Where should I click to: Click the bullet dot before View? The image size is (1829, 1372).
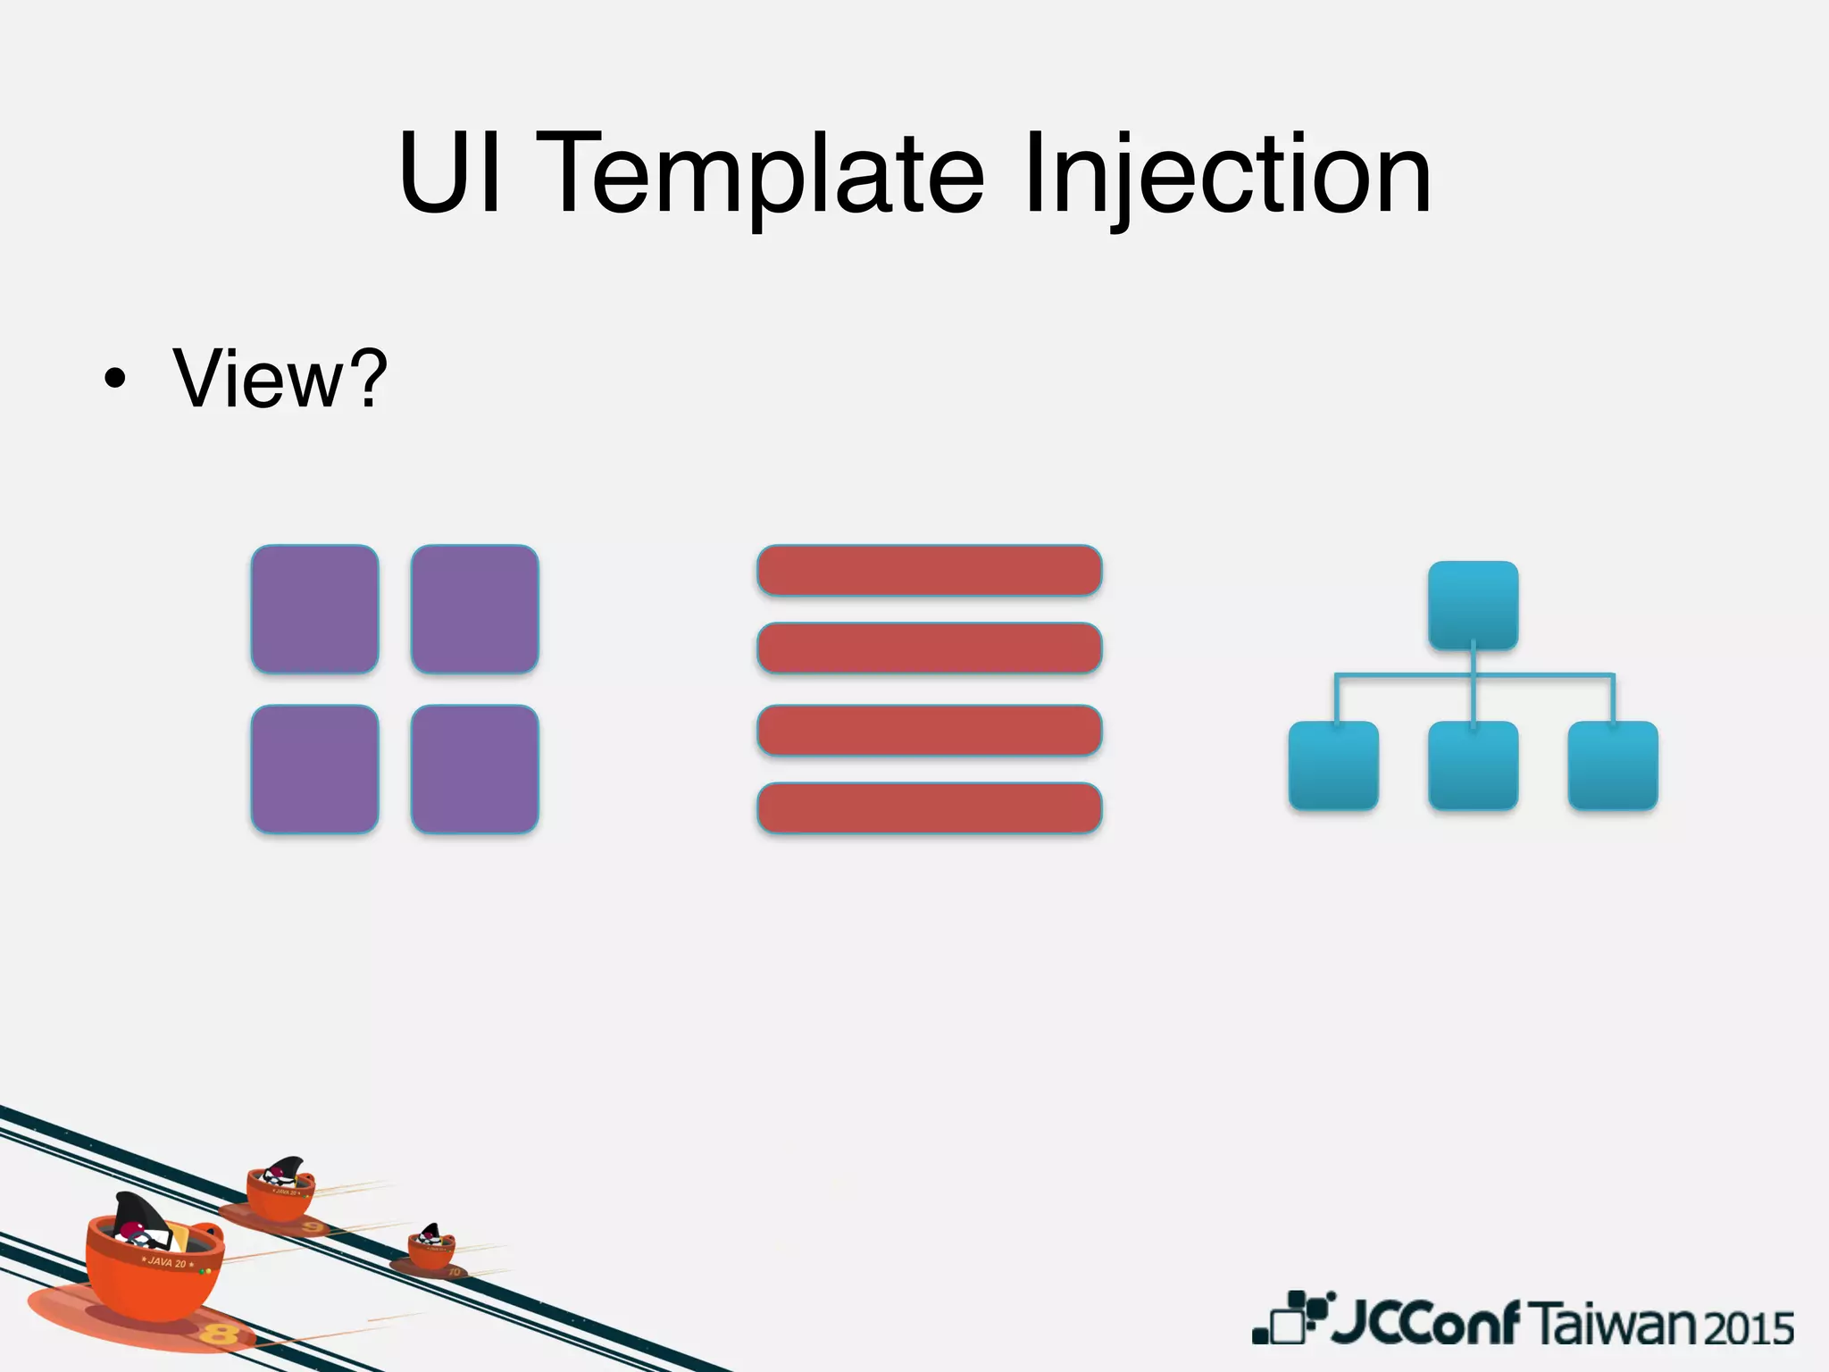(114, 381)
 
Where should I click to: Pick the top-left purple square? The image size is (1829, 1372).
(314, 609)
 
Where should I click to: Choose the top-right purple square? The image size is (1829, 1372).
(474, 609)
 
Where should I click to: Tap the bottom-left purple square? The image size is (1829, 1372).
(314, 769)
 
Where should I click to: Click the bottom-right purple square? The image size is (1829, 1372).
(474, 769)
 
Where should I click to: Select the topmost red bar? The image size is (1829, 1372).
(929, 570)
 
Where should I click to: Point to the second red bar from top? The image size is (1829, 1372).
(929, 648)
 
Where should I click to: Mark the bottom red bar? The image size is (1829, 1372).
(929, 807)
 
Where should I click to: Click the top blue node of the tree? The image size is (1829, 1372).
(1473, 605)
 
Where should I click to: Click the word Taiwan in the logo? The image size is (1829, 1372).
(1616, 1325)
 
